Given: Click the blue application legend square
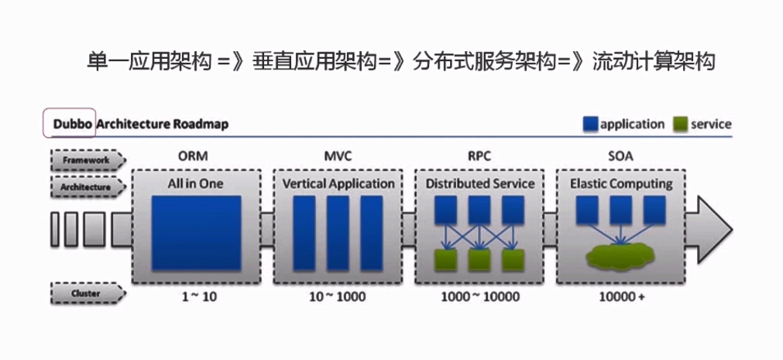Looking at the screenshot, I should click(591, 124).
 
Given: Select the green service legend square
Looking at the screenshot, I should click(681, 124).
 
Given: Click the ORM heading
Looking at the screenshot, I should click(194, 156).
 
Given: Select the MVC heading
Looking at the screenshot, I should click(338, 156).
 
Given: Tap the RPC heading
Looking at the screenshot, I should click(480, 156).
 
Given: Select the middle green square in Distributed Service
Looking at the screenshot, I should click(479, 259).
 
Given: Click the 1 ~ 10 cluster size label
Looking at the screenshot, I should click(195, 297).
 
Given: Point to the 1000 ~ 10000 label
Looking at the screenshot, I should click(480, 297).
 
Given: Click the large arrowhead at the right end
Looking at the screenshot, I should click(713, 229).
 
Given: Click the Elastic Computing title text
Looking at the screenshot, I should click(621, 184).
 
